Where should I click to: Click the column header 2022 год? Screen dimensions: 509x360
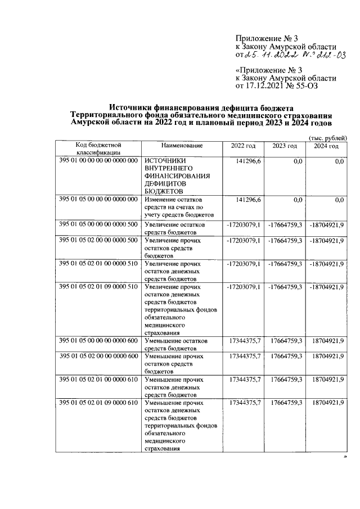click(243, 146)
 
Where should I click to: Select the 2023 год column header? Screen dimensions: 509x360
click(285, 146)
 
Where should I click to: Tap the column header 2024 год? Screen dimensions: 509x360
click(326, 146)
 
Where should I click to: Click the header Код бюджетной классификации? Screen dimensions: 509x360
click(98, 149)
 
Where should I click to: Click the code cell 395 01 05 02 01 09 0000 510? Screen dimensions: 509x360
click(98, 287)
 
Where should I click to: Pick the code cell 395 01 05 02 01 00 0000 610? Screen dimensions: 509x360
click(98, 380)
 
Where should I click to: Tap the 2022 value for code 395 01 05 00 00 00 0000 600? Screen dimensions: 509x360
click(245, 341)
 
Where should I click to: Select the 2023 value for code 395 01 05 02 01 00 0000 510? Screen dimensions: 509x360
click(286, 264)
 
